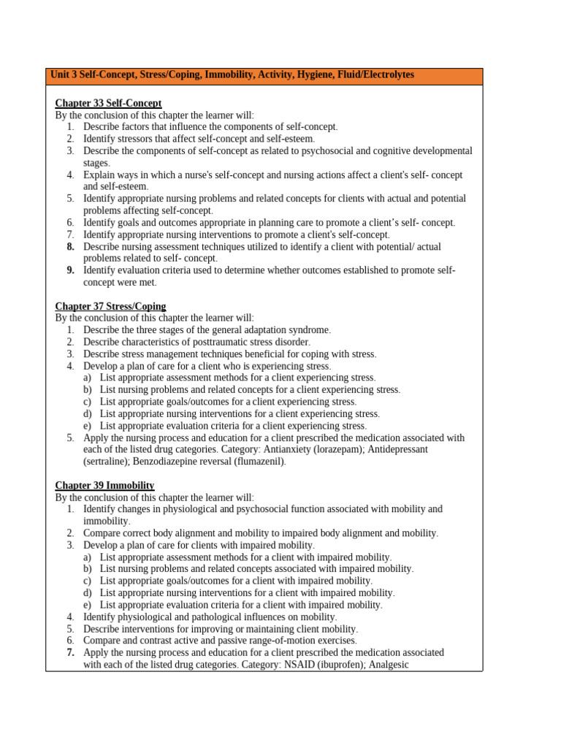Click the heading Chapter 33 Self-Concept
coord(108,103)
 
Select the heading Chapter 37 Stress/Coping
coord(110,306)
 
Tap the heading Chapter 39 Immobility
coord(104,485)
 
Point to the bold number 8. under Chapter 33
coord(71,247)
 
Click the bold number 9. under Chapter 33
coord(71,270)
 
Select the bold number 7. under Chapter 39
coord(71,652)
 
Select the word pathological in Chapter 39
coord(217,617)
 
